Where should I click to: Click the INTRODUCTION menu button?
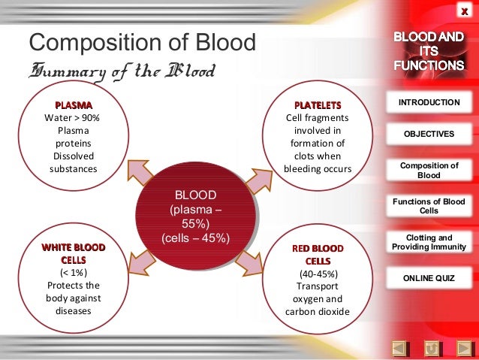point(429,101)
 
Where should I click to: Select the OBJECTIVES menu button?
point(429,134)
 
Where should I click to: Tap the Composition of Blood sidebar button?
point(429,170)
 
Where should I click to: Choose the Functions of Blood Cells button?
point(429,205)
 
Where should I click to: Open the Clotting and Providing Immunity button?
point(429,241)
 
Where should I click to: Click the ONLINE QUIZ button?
point(429,278)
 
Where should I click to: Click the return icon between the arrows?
point(432,348)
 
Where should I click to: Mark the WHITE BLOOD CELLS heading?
point(74,253)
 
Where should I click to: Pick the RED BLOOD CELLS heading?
point(318,254)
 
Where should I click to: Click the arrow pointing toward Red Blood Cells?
point(247,261)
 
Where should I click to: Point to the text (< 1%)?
point(74,272)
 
